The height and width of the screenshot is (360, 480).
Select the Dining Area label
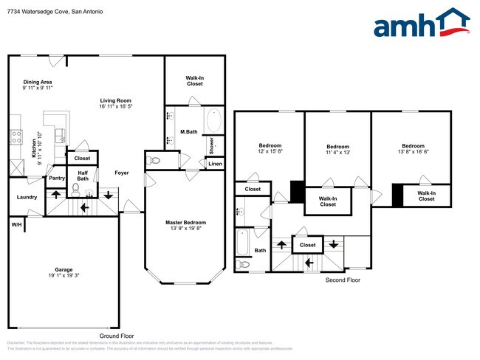click(38, 84)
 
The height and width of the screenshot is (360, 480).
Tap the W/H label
click(16, 224)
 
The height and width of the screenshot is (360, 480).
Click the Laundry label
click(27, 197)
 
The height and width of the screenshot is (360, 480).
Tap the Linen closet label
click(214, 163)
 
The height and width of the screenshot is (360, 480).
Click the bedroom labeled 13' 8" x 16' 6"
click(413, 149)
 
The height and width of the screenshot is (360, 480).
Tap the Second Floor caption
click(343, 280)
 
